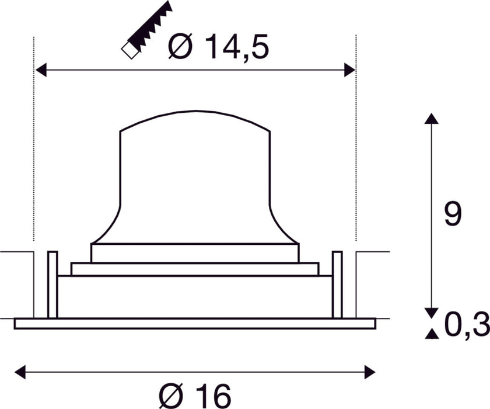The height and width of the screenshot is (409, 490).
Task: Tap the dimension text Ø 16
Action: click(x=195, y=396)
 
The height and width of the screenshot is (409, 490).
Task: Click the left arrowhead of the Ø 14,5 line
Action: click(x=41, y=70)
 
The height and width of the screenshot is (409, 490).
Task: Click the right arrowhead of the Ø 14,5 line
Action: click(x=349, y=70)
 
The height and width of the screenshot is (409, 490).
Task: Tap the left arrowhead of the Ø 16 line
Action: click(x=20, y=370)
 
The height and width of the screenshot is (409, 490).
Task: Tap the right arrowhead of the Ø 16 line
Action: click(x=369, y=370)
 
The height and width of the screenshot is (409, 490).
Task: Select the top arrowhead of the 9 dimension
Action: click(x=431, y=119)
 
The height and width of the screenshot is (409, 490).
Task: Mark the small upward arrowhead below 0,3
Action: click(x=431, y=334)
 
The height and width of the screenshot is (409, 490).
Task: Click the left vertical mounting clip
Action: click(x=52, y=285)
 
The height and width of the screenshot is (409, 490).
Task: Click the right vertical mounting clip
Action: click(x=337, y=285)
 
